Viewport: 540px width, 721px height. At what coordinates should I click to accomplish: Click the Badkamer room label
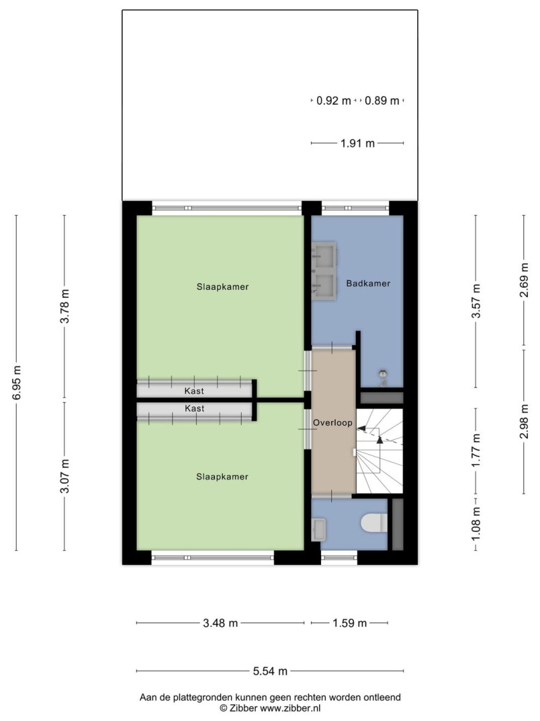pyautogui.click(x=368, y=284)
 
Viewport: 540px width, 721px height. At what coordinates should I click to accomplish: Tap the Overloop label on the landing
pyautogui.click(x=332, y=423)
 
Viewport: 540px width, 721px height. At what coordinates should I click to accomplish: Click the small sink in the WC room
pyautogui.click(x=318, y=529)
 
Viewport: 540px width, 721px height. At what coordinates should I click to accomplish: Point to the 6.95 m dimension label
pyautogui.click(x=17, y=383)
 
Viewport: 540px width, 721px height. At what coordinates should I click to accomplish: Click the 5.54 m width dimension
pyautogui.click(x=270, y=672)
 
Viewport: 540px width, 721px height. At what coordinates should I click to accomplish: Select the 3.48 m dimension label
pyautogui.click(x=220, y=623)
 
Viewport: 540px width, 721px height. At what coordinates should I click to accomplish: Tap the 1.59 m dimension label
pyautogui.click(x=350, y=623)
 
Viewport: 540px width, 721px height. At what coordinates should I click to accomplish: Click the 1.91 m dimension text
pyautogui.click(x=358, y=144)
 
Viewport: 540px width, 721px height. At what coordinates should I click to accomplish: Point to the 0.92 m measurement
pyautogui.click(x=334, y=101)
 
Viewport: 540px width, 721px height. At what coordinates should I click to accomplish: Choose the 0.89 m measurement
pyautogui.click(x=382, y=101)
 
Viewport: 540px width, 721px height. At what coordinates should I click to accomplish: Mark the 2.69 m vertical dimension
pyautogui.click(x=525, y=280)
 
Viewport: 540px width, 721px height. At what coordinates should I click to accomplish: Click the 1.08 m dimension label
pyautogui.click(x=476, y=524)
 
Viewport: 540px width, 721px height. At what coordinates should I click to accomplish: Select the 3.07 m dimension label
pyautogui.click(x=65, y=476)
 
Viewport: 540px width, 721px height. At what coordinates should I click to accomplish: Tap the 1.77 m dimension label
pyautogui.click(x=476, y=450)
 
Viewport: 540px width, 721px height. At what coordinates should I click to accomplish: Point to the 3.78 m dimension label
pyautogui.click(x=65, y=306)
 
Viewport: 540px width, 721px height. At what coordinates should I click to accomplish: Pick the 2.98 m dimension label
pyautogui.click(x=525, y=422)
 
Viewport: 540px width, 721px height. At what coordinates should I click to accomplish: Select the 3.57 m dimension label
pyautogui.click(x=476, y=301)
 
